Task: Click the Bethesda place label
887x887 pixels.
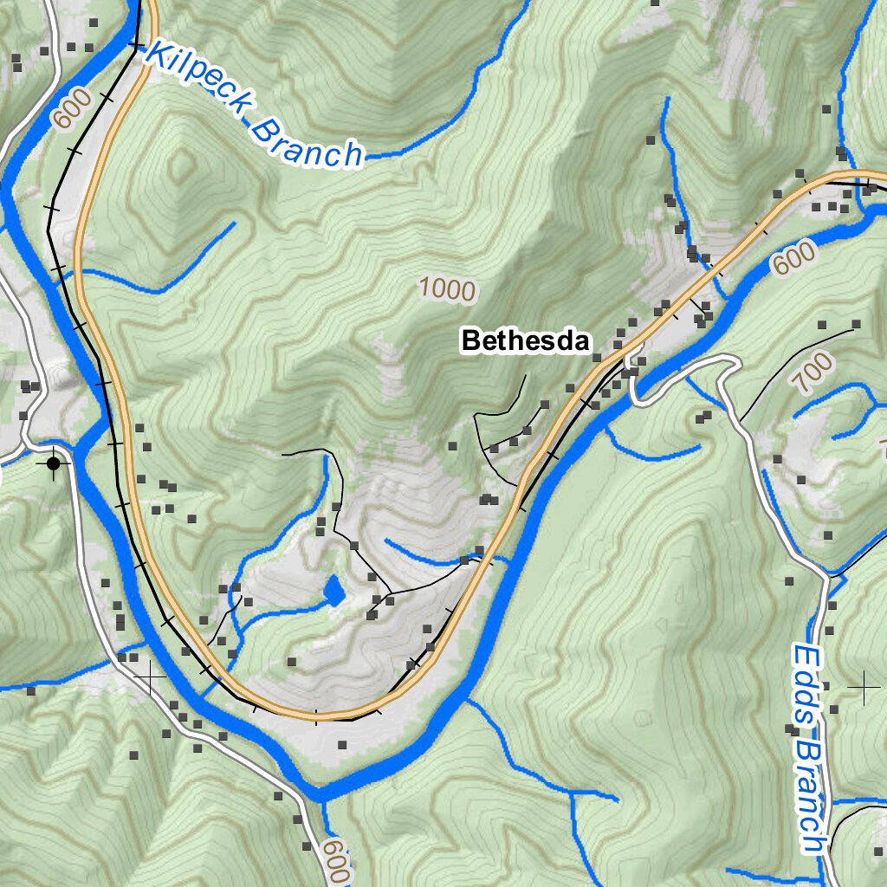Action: pos(526,340)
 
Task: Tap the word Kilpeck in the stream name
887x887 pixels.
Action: pos(198,83)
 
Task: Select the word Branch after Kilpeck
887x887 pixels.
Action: pos(307,144)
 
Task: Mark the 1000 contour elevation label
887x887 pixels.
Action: pos(447,289)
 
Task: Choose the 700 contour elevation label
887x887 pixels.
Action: pos(812,373)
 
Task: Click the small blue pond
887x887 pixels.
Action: pos(332,591)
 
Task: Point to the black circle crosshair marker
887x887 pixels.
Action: pos(54,464)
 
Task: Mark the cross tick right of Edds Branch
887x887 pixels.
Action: pos(864,687)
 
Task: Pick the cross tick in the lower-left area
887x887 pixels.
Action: pos(150,677)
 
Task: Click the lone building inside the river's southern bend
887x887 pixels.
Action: pos(342,744)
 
